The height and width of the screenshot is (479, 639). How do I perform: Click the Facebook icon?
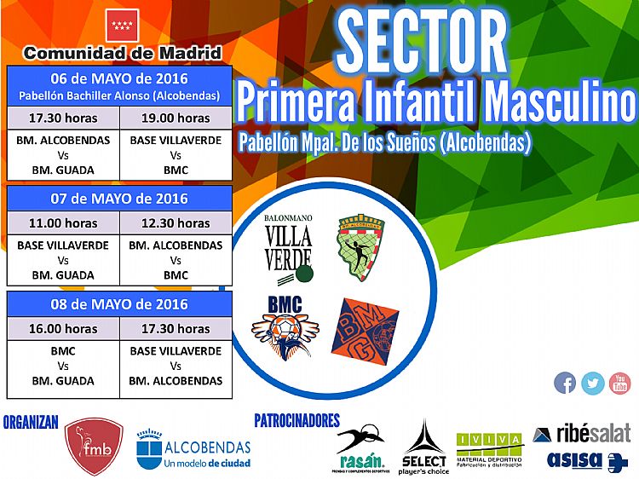565,383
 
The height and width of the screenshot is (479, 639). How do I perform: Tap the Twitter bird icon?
593,383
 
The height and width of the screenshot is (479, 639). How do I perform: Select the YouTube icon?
620,383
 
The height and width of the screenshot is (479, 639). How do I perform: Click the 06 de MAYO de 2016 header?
119,79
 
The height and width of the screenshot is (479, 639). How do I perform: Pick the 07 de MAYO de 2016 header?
119,199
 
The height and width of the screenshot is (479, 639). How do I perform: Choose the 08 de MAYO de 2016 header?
119,304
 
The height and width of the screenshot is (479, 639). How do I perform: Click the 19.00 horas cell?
176,118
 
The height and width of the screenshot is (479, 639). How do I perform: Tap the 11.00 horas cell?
63,223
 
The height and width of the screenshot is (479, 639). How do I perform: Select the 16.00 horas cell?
63,328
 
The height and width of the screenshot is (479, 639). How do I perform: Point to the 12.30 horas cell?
176,223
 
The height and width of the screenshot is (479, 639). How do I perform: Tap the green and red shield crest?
361,248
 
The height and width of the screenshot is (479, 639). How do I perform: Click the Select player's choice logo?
424,447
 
